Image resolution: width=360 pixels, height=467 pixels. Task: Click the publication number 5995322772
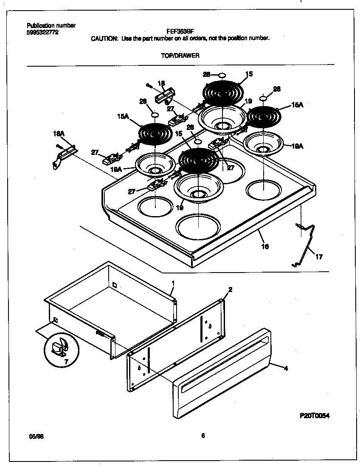[x=42, y=32]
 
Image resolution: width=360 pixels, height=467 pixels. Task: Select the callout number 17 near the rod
[x=319, y=256]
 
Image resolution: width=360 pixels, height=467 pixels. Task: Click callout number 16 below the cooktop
[x=264, y=246]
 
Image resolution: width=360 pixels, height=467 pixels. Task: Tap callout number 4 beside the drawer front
[x=286, y=368]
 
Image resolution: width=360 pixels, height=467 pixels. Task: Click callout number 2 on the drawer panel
[x=230, y=290]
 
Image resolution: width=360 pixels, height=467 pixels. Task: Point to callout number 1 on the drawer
[x=173, y=282]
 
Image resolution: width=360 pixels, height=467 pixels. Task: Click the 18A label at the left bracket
[x=59, y=134]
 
